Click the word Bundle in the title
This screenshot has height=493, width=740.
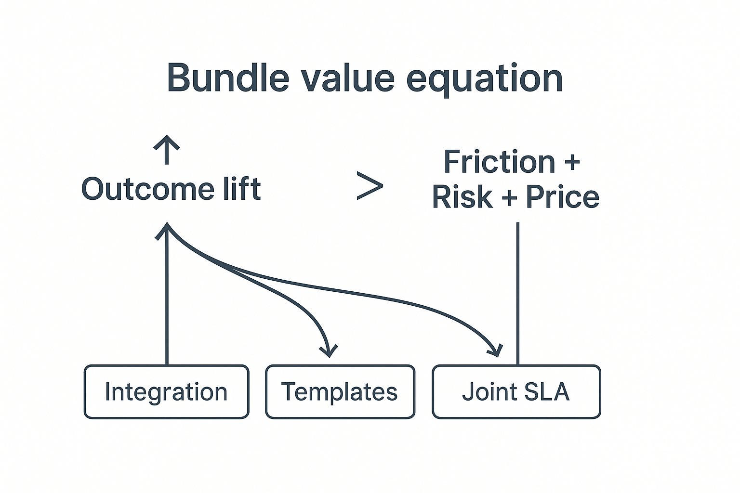(227, 78)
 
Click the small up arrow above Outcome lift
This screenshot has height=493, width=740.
(167, 148)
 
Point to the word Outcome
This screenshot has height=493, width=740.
(147, 189)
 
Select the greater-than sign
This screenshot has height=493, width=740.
(370, 186)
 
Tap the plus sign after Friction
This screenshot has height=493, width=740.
(571, 163)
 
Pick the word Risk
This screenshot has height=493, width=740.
(462, 197)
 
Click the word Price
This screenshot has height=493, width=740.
(562, 197)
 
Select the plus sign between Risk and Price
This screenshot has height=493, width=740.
(509, 198)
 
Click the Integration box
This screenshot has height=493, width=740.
(167, 392)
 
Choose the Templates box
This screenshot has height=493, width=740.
(340, 392)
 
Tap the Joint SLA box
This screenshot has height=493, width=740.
(516, 392)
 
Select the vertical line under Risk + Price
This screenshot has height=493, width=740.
(518, 294)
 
